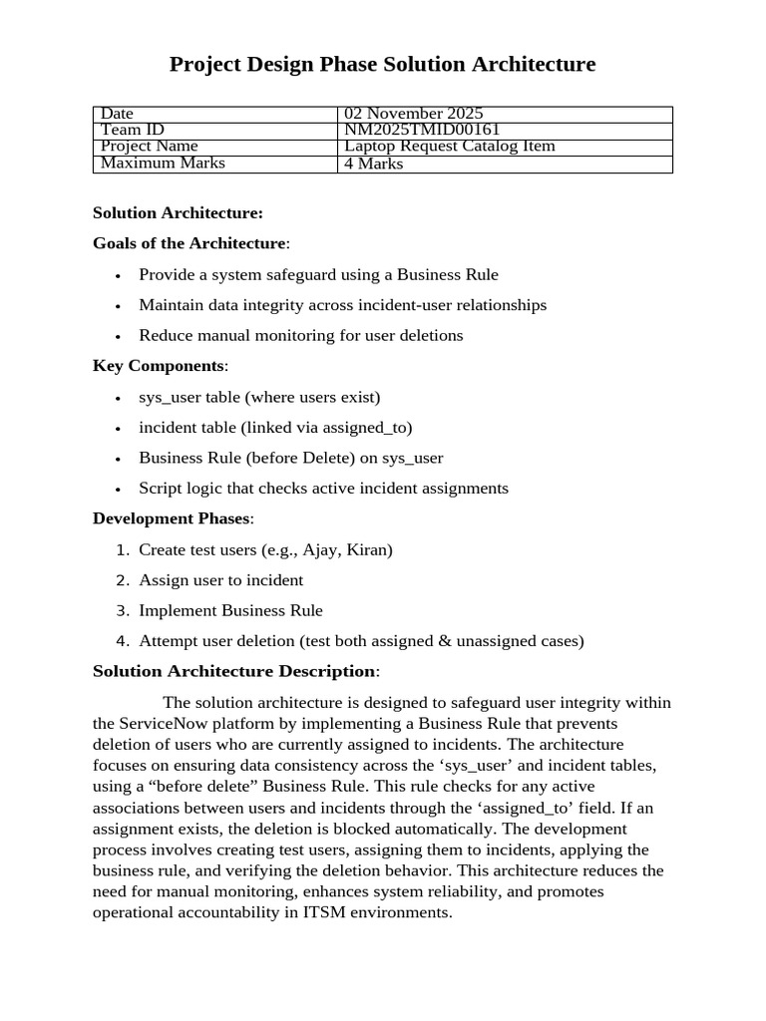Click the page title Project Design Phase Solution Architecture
coord(382,65)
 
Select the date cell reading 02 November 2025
coord(413,114)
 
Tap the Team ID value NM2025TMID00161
coord(422,130)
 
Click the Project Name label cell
coord(150,147)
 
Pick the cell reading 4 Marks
coord(374,164)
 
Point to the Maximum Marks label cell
coord(163,163)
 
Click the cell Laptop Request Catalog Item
coord(449,147)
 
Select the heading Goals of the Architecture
coord(190,243)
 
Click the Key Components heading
coord(159,366)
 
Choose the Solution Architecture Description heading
coord(234,671)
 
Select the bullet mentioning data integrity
coord(342,305)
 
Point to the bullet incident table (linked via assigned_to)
coord(275,427)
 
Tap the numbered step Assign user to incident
coord(220,580)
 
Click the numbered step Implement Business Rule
coord(230,610)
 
